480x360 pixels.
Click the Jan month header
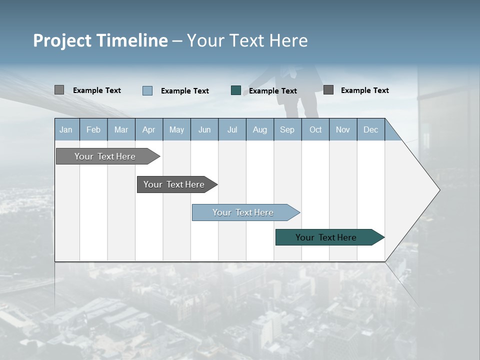(66, 129)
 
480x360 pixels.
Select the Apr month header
(148, 129)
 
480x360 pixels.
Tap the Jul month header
(232, 129)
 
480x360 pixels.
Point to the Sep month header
(287, 129)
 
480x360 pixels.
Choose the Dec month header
(370, 129)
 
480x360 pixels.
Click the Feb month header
(93, 129)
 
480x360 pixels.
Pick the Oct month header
(315, 129)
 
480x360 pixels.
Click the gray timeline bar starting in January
(105, 156)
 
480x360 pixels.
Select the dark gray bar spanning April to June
(174, 184)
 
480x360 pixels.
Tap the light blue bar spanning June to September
(243, 212)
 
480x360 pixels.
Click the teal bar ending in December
(326, 237)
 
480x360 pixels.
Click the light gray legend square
(59, 90)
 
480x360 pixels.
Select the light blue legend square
(147, 90)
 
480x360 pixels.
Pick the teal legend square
(236, 90)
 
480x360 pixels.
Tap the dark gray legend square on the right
(328, 90)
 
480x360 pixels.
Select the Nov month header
(343, 129)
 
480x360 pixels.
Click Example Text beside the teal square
(273, 90)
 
